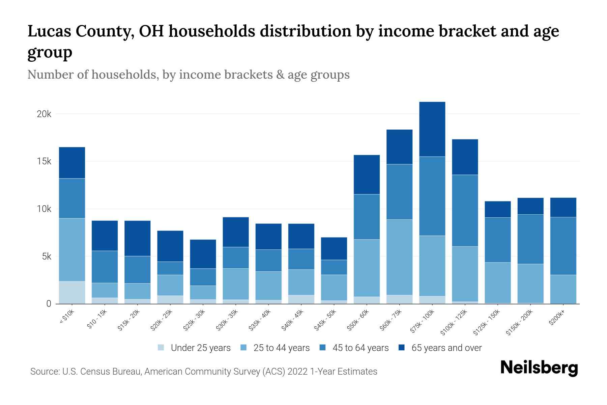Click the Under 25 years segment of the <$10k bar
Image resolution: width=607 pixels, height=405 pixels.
click(x=72, y=292)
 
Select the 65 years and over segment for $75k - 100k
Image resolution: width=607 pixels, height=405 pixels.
click(x=432, y=129)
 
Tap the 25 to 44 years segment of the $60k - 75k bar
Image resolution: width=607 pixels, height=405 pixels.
click(x=399, y=257)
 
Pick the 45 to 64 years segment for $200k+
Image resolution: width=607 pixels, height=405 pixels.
click(x=563, y=246)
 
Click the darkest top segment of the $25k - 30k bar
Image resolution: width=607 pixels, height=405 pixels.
click(x=203, y=254)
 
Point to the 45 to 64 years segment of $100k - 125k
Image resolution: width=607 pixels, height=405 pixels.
click(x=465, y=210)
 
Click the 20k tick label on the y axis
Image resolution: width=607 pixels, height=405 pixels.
click(x=44, y=114)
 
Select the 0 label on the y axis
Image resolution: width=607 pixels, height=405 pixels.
click(x=49, y=304)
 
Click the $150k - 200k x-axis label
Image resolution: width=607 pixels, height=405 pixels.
click(x=519, y=322)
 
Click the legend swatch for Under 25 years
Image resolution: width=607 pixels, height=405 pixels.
click(x=161, y=348)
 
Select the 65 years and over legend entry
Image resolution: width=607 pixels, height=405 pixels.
click(x=446, y=348)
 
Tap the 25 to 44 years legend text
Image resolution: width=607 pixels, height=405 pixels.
click(x=281, y=348)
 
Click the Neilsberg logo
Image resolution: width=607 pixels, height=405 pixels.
click(x=539, y=368)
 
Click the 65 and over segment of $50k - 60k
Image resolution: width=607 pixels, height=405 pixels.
click(x=367, y=174)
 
